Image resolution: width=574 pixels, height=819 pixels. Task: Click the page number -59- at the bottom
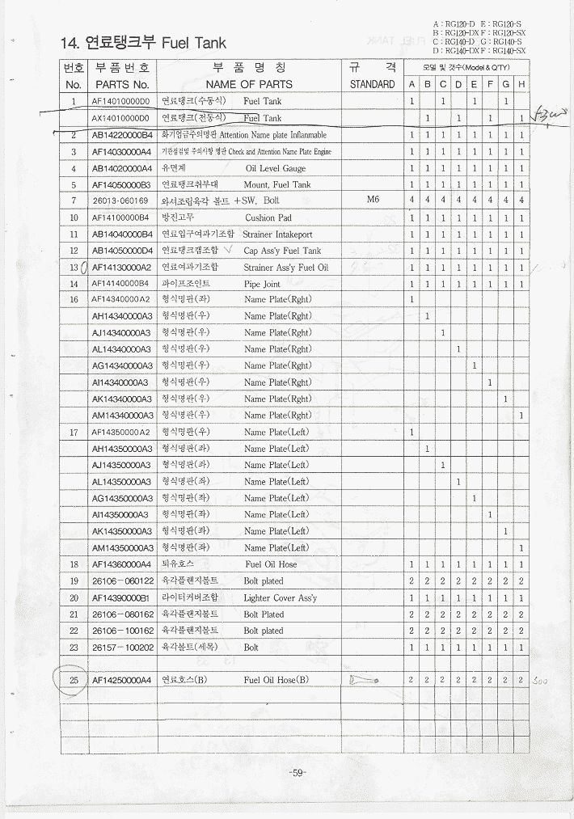[x=297, y=773]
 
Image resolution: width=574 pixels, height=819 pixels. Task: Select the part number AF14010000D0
[x=120, y=102]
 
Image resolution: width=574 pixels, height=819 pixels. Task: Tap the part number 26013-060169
[x=120, y=201]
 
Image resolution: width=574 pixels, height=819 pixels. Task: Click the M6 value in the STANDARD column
[x=372, y=200]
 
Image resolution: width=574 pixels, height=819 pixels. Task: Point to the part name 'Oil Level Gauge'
[x=275, y=168]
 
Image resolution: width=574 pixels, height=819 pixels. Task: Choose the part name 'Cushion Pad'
[x=268, y=217]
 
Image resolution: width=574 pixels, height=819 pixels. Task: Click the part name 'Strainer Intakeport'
[x=277, y=234]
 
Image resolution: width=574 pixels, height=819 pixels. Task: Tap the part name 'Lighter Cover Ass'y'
[x=280, y=598]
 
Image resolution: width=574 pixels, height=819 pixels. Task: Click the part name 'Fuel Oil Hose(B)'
[x=276, y=681]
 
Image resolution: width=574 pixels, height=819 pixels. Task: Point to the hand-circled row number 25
[x=74, y=681]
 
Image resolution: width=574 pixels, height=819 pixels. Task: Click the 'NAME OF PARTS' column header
[x=248, y=84]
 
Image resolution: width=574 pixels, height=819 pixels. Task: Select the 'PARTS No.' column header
[x=121, y=84]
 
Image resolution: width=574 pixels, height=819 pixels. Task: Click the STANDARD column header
[x=372, y=84]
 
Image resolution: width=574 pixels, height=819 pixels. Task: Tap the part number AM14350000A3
[x=121, y=548]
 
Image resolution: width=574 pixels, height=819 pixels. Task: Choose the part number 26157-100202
[x=120, y=648]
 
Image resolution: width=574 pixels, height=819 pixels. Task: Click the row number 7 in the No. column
[x=74, y=201]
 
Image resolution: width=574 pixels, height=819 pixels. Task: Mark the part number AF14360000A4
[x=121, y=564]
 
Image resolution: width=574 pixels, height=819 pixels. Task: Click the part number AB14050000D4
[x=121, y=251]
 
